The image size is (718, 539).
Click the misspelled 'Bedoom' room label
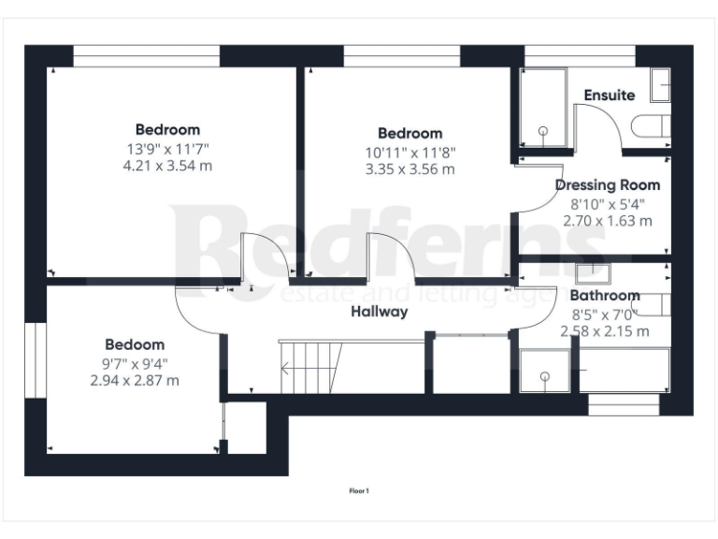[135, 344]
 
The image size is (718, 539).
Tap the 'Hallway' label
[379, 312]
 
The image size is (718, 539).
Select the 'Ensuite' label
[609, 95]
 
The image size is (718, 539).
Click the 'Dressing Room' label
[607, 185]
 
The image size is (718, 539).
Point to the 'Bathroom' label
[605, 296]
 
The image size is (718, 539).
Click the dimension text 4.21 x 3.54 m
[167, 166]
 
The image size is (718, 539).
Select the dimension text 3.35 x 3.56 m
[409, 169]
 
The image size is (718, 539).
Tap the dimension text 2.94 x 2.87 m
[135, 380]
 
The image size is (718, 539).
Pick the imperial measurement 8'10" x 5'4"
[607, 203]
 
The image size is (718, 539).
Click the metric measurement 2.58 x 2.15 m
[604, 331]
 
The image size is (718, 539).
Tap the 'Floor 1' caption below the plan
[359, 489]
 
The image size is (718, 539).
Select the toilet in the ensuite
[652, 126]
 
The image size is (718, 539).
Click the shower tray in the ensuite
[542, 107]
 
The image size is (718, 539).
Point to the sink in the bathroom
[593, 273]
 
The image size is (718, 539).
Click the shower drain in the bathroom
[544, 376]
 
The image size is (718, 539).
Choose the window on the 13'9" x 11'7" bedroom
[147, 56]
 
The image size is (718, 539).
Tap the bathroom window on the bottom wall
[623, 404]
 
